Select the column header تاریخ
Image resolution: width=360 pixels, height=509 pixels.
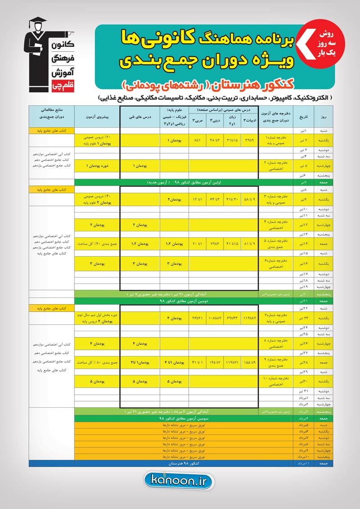(x=305, y=116)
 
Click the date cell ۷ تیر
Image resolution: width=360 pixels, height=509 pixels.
(x=305, y=183)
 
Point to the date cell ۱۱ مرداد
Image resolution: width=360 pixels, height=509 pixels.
(x=305, y=463)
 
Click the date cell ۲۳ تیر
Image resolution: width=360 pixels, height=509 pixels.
(x=305, y=318)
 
